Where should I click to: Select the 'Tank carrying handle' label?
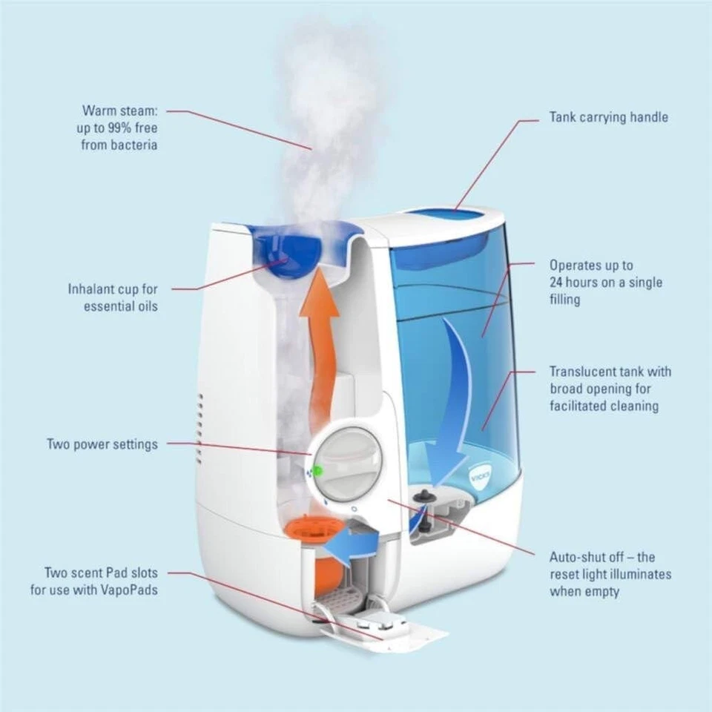(608, 117)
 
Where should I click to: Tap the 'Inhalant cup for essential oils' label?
(113, 297)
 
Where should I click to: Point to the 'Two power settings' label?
(102, 444)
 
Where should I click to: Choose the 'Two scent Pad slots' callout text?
(94, 581)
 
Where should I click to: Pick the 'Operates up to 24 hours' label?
(605, 282)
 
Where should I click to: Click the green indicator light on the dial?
(317, 470)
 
